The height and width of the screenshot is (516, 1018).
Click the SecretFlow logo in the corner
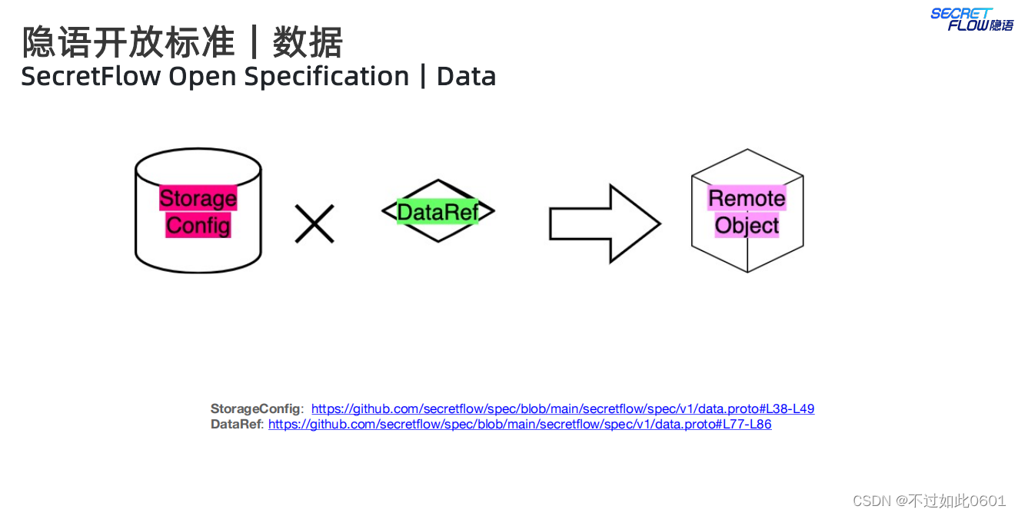click(x=972, y=19)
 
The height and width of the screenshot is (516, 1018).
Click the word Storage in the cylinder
click(x=198, y=198)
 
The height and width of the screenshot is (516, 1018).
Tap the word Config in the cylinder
click(x=198, y=226)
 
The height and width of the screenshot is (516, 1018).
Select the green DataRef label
click(x=437, y=211)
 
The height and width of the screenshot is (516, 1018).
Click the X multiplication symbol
click(x=314, y=223)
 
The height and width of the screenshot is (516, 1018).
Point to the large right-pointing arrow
click(x=604, y=223)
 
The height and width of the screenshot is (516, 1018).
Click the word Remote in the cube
click(x=747, y=198)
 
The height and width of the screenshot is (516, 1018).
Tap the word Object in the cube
click(x=747, y=226)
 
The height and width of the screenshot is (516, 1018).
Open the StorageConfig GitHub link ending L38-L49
click(x=562, y=408)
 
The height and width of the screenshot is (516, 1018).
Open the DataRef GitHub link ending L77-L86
click(x=519, y=424)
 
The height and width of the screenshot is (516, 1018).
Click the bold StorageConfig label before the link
click(x=257, y=408)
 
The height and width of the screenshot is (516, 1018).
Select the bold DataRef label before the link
click(x=237, y=424)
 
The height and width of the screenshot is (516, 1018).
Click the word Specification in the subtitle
click(x=327, y=77)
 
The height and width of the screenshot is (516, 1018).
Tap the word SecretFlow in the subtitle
click(x=91, y=77)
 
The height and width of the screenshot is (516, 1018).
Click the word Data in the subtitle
click(x=466, y=77)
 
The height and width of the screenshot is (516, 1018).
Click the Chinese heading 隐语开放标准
click(x=128, y=42)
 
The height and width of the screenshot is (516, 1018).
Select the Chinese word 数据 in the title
click(x=308, y=42)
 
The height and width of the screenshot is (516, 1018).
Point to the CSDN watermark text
click(x=929, y=501)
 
